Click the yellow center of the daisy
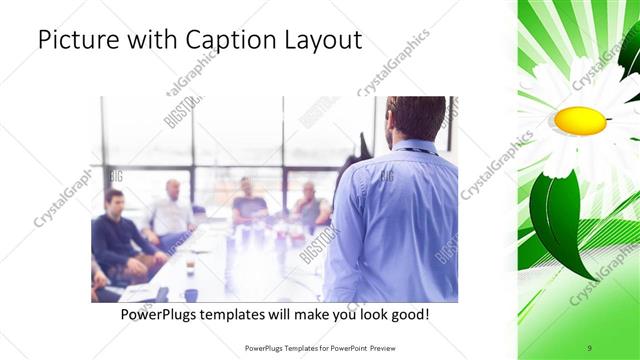[x=580, y=121]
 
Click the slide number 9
[x=590, y=348]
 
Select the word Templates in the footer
[x=291, y=348]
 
